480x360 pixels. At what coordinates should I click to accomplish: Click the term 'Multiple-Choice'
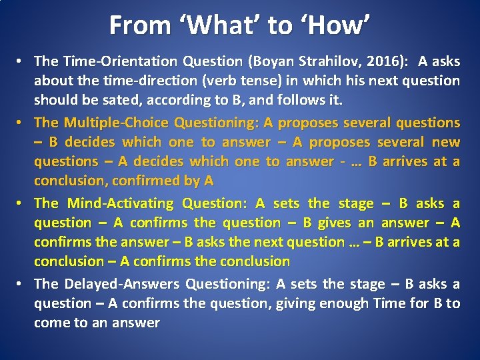point(117,123)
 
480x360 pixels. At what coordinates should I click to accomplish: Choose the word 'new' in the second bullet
point(446,142)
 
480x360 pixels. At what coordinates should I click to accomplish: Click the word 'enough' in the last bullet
point(345,303)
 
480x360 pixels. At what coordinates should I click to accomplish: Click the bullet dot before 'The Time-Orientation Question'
point(22,61)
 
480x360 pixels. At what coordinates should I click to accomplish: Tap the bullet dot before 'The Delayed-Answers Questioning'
point(22,284)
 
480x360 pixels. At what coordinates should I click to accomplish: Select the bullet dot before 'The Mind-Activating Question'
point(22,203)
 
